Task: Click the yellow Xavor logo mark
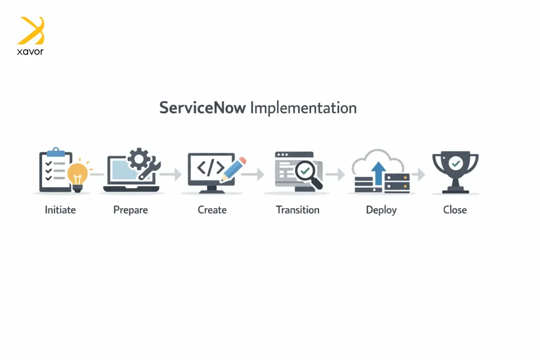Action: tap(31, 30)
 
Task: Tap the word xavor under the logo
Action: tap(30, 52)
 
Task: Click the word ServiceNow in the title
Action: tap(202, 107)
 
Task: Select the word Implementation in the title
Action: tap(303, 108)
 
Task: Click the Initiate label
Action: tap(60, 210)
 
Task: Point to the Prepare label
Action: tap(130, 210)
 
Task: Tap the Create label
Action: tap(212, 210)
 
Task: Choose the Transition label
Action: tap(298, 210)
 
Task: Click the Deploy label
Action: tap(381, 210)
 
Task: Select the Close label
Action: tap(455, 210)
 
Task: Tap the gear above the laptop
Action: tap(139, 159)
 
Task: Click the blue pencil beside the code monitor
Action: tap(233, 169)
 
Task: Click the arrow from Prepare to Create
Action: tap(171, 174)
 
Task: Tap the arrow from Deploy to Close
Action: tap(418, 174)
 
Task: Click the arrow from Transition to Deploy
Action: tap(335, 174)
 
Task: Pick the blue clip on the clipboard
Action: tap(56, 152)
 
